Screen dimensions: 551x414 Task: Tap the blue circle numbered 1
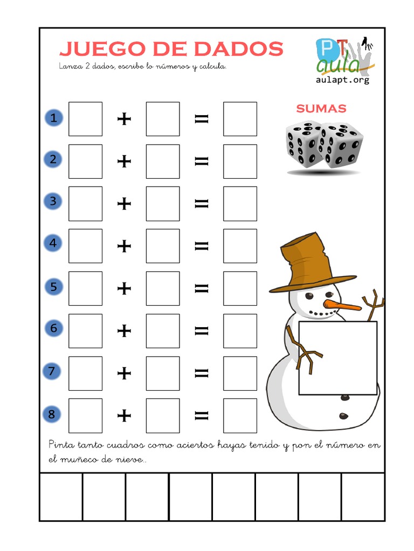[53, 118]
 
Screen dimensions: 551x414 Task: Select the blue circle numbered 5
[53, 287]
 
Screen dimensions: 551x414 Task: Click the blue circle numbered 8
[52, 414]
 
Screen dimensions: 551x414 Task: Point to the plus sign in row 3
[125, 203]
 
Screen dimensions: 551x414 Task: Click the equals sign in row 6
[202, 330]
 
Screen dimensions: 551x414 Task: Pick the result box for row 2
[240, 161]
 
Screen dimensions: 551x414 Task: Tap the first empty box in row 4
[85, 245]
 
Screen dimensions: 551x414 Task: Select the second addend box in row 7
[163, 373]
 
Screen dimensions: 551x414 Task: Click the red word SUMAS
[321, 109]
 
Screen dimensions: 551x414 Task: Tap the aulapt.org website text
[342, 80]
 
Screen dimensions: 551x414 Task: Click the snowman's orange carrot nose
[342, 306]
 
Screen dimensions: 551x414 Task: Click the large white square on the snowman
[338, 358]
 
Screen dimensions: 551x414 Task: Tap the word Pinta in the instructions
[60, 444]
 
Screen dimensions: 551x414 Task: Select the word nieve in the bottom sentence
[130, 460]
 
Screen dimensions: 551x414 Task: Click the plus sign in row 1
[125, 118]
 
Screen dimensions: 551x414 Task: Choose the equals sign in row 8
[202, 415]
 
